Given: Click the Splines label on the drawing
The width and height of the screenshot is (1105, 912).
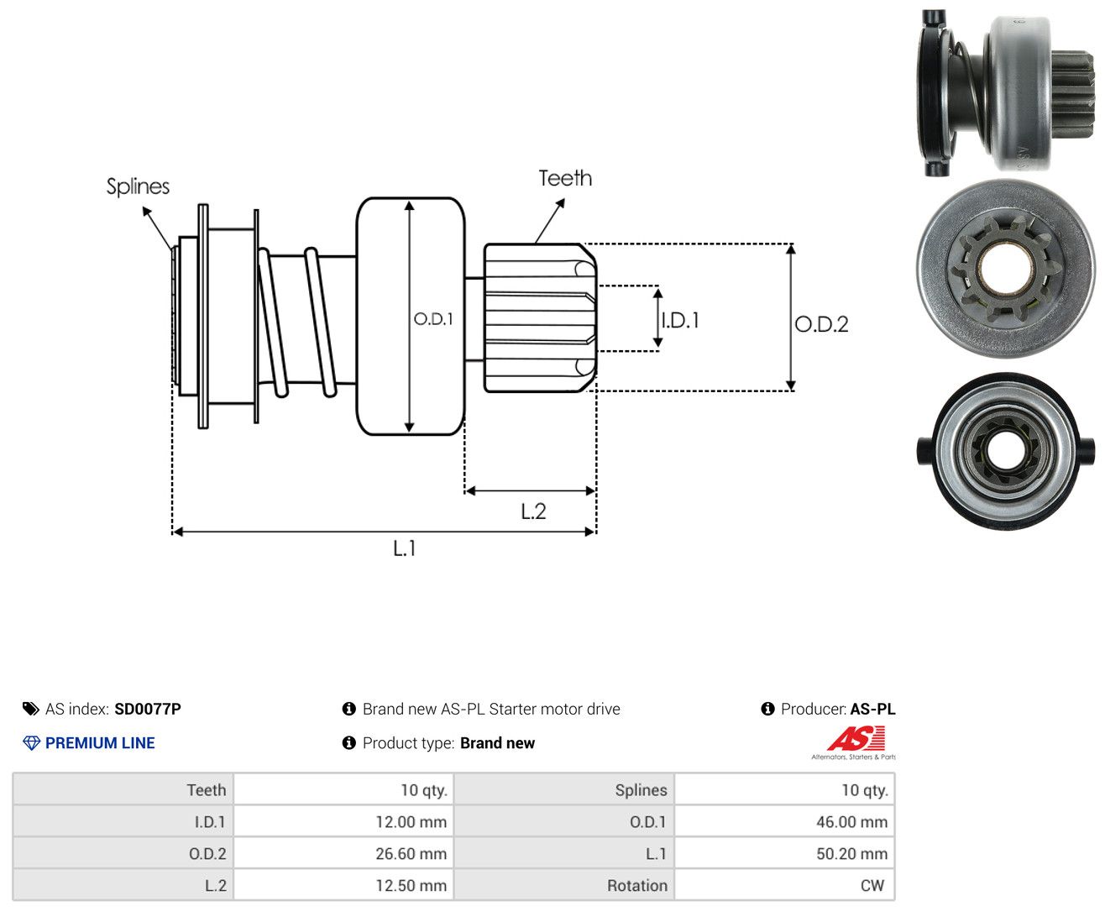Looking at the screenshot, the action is pyautogui.click(x=138, y=186).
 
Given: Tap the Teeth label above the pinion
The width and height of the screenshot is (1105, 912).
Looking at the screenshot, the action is pyautogui.click(x=565, y=178).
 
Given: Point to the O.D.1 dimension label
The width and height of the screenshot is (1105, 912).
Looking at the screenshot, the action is pyautogui.click(x=433, y=318).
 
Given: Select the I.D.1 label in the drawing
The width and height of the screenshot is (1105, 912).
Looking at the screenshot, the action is pyautogui.click(x=681, y=320).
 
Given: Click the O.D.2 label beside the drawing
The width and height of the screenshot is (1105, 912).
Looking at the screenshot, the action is pyautogui.click(x=821, y=324).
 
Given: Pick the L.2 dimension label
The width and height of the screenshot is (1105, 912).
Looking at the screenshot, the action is pyautogui.click(x=533, y=511).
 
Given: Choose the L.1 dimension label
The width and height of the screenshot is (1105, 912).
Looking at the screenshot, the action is pyautogui.click(x=405, y=548).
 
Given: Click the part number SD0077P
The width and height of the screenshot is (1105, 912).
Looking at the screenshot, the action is pyautogui.click(x=148, y=709).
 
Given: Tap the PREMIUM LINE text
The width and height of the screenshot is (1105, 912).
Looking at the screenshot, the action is pyautogui.click(x=100, y=742).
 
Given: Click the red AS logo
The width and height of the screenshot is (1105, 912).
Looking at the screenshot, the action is pyautogui.click(x=856, y=738).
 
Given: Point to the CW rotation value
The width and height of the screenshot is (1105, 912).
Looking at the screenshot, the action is pyautogui.click(x=872, y=885).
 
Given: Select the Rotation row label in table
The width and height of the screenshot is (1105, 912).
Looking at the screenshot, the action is pyautogui.click(x=637, y=885).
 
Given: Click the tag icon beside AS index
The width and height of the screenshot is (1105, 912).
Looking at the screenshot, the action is pyautogui.click(x=31, y=709).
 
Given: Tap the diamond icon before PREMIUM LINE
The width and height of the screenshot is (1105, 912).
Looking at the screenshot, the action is pyautogui.click(x=31, y=742).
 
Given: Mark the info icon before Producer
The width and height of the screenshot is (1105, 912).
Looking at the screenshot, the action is pyautogui.click(x=767, y=709).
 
